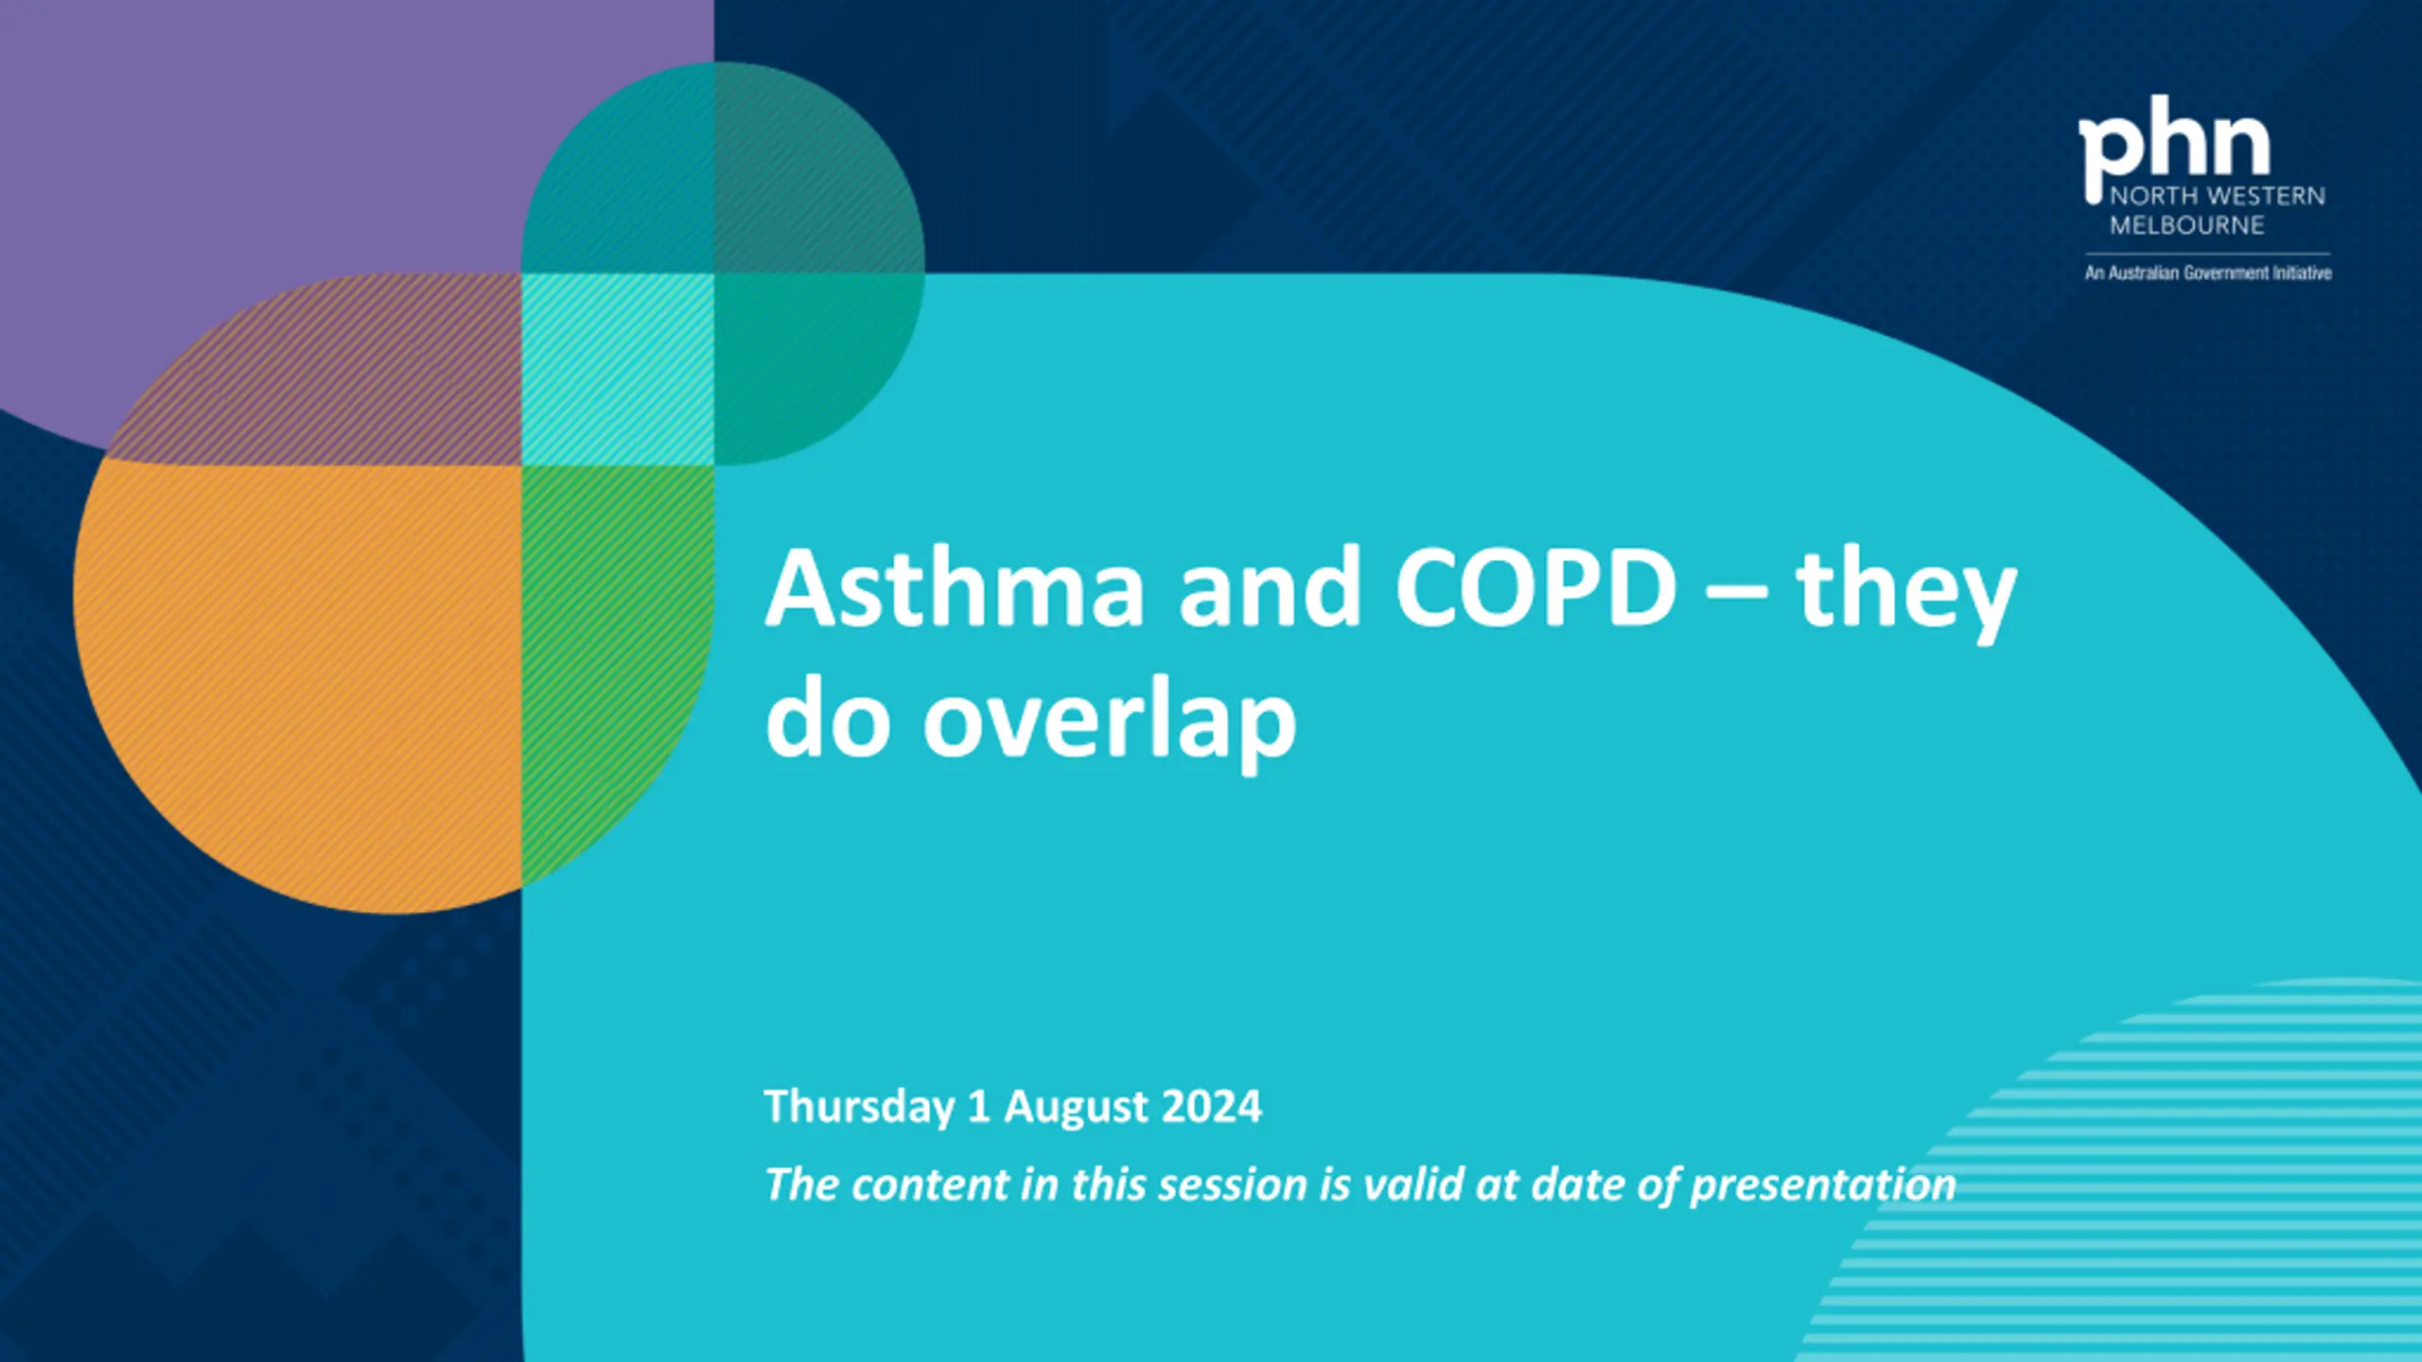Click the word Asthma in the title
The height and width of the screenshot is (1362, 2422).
(956, 587)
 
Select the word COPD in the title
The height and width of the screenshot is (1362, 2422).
(1536, 587)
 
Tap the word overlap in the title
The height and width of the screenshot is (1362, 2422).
(1109, 723)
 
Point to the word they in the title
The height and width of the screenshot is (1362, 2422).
(1906, 595)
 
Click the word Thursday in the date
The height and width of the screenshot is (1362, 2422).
(859, 1107)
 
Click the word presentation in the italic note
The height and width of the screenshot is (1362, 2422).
(1823, 1186)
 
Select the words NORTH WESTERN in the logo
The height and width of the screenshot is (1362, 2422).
(2218, 196)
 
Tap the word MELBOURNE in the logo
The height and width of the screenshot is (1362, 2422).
(2187, 225)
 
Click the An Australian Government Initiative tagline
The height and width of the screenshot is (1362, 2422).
(2208, 273)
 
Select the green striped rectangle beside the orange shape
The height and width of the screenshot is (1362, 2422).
(617, 662)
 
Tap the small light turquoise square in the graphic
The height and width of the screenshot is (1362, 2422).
(618, 369)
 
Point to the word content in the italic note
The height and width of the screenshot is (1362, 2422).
(930, 1185)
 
